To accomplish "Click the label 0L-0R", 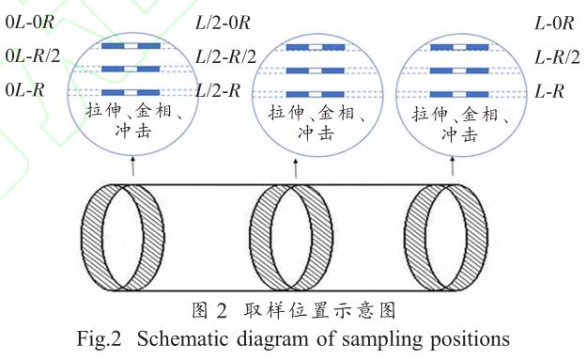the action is pos(30,23).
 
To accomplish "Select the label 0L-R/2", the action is pos(33,56).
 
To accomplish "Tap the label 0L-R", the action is pos(24,90).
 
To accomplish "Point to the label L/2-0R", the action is pos(223,23).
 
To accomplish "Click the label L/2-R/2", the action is pos(225,56).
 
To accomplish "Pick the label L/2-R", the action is pos(218,90).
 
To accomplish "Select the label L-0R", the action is pos(554,23).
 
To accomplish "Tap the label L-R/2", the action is pos(557,57).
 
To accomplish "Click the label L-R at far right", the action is pos(549,91).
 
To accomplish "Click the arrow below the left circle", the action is pos(132,166).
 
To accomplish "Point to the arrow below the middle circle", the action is pos(296,168).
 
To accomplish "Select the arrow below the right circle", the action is pos(453,166).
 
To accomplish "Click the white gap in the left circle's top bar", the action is pos(131,46).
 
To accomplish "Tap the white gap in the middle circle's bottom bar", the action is pos(316,94).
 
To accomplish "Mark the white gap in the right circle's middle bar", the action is pos(459,70).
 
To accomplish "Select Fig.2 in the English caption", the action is pos(100,339).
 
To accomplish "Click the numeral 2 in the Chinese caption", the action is pos(222,311).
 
